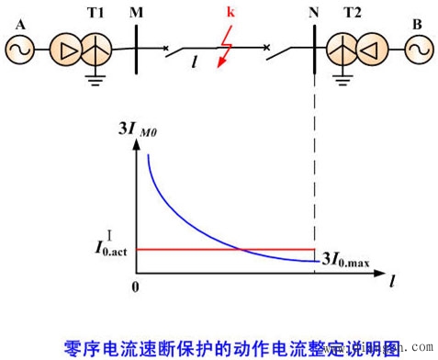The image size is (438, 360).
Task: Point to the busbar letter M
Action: pos(137,13)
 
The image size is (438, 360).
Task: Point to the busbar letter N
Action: pos(315,13)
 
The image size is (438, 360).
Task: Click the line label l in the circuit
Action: pos(195,64)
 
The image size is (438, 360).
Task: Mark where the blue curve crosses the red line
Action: pos(241,249)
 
